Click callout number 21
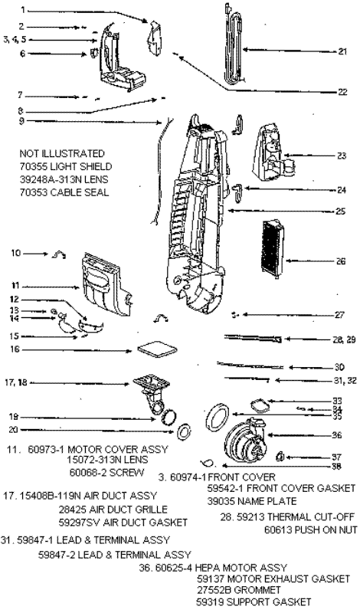coord(342,51)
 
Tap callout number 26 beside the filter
coord(342,260)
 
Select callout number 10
coord(15,252)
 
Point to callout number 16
coord(14,349)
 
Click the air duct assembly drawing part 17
coord(149,392)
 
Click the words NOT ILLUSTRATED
coord(62,153)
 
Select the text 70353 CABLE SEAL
coord(64,192)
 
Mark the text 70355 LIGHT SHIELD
coord(66,166)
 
